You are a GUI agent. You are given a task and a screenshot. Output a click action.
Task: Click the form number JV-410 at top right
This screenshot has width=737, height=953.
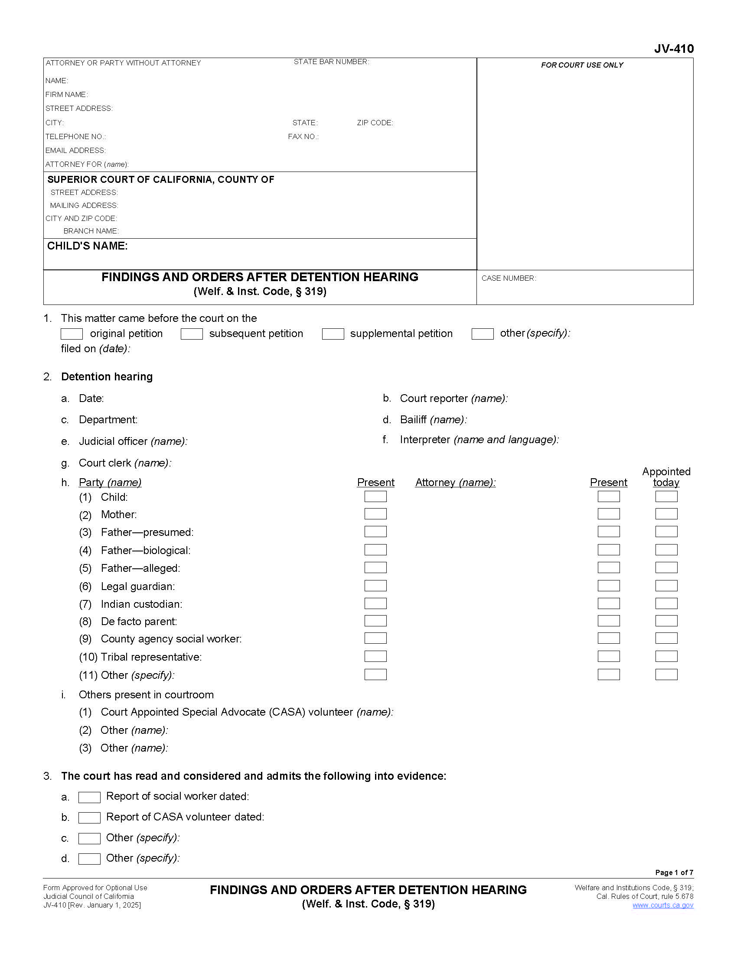tap(673, 49)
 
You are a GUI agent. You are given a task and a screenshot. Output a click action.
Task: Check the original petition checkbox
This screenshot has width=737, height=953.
tap(72, 334)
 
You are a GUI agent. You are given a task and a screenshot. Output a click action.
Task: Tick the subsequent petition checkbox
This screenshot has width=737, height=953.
tap(192, 334)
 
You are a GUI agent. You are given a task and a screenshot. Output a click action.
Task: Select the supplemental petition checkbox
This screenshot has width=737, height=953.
tap(333, 334)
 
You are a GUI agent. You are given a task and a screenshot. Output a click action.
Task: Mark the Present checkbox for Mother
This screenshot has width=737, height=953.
tap(375, 514)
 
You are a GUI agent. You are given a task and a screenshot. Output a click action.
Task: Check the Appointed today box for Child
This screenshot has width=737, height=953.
tap(666, 496)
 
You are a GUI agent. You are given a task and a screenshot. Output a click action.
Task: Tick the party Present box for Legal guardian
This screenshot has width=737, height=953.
tap(375, 586)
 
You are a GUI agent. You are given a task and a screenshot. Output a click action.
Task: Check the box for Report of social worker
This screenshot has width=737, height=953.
tap(89, 797)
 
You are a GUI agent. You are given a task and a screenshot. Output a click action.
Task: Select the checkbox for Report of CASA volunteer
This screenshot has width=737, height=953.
tap(89, 818)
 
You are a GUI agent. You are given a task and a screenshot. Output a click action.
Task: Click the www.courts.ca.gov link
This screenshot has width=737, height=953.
tap(662, 905)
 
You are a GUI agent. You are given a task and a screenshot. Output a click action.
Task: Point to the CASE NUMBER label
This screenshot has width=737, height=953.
tap(509, 279)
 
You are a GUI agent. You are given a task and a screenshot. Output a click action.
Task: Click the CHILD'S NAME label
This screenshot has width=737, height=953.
tap(87, 246)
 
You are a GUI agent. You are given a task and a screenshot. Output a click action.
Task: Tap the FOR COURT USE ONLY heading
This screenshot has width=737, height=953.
tap(582, 65)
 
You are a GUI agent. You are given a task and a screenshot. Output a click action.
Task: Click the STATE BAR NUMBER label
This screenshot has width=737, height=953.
tap(331, 62)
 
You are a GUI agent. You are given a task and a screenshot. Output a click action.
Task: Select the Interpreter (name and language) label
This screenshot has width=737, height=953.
tap(479, 440)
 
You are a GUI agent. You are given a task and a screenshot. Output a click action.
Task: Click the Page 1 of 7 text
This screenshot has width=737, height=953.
tap(674, 872)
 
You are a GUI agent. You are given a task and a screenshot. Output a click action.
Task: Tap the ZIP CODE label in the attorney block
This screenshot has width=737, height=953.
tap(375, 123)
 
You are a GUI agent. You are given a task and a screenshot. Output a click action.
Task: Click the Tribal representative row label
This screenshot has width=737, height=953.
tap(151, 657)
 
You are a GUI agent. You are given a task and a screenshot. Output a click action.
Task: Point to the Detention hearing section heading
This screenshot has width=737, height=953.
tap(107, 376)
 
